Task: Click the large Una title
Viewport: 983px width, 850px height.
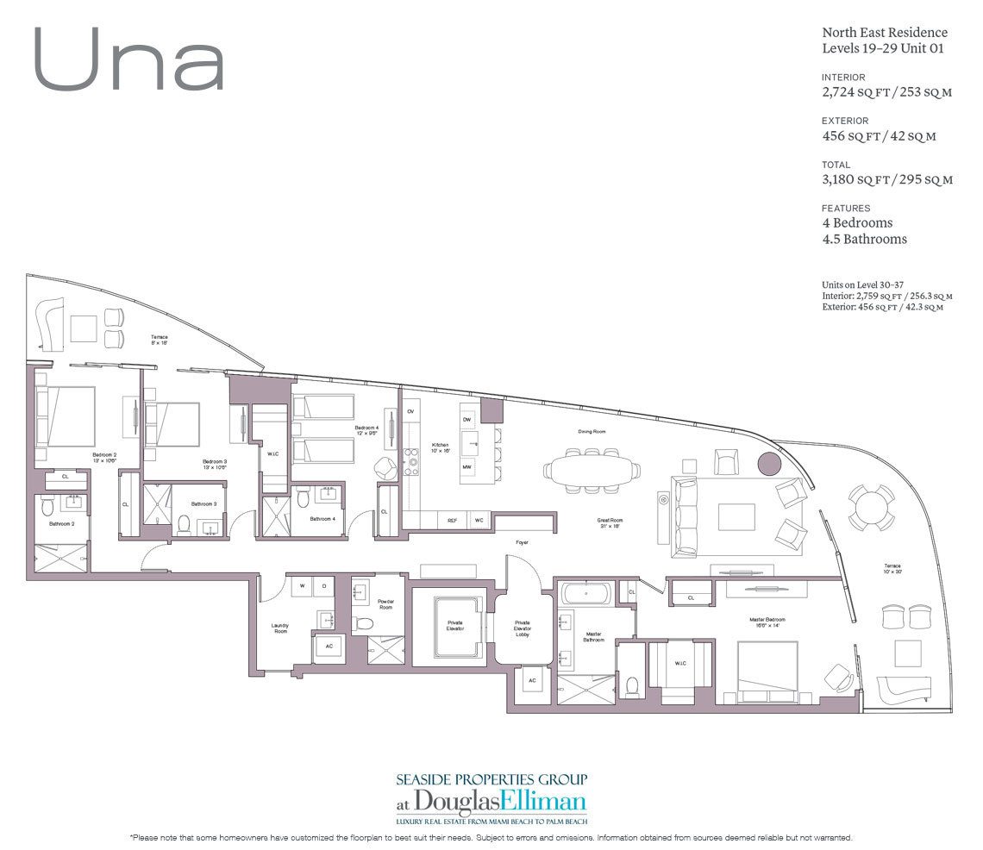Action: tap(130, 61)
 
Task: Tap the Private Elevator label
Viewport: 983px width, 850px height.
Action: tap(455, 627)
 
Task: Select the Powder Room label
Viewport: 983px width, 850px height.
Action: tap(385, 604)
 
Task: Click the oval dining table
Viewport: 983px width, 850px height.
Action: tap(592, 471)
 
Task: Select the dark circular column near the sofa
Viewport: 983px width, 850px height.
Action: tap(769, 464)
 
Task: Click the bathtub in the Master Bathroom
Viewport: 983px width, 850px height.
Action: tap(586, 592)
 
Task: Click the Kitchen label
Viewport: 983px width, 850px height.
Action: tap(440, 447)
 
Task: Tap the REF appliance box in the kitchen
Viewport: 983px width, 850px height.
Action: tap(452, 521)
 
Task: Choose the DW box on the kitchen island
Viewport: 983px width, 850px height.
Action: tap(466, 419)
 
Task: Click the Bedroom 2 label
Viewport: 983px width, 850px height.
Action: tap(104, 457)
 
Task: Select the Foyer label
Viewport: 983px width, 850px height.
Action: tap(522, 542)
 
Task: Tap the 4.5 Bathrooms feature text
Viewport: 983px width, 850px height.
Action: tap(864, 239)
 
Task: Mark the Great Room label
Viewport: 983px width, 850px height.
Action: tap(610, 522)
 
